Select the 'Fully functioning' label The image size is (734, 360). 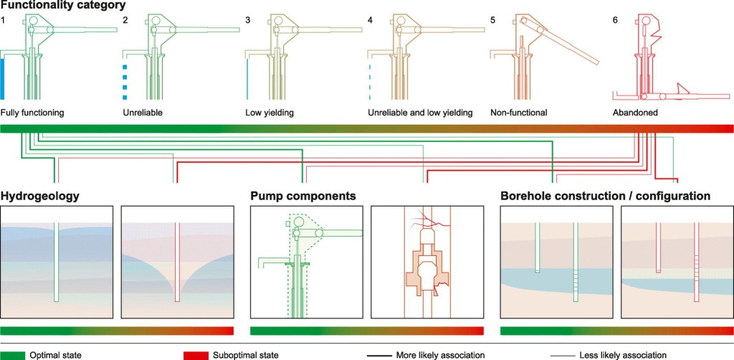click(32, 113)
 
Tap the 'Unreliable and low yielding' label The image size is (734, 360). click(420, 113)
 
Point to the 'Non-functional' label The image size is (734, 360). click(518, 113)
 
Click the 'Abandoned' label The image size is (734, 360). click(635, 113)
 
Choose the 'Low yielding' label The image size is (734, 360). click(270, 113)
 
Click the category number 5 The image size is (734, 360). click(493, 20)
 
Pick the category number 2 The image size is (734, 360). click(125, 20)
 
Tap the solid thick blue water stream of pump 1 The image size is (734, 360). click(4, 79)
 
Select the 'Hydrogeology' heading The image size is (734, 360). click(39, 196)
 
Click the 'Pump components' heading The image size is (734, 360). click(303, 196)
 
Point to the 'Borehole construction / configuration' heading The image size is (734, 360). click(605, 196)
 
